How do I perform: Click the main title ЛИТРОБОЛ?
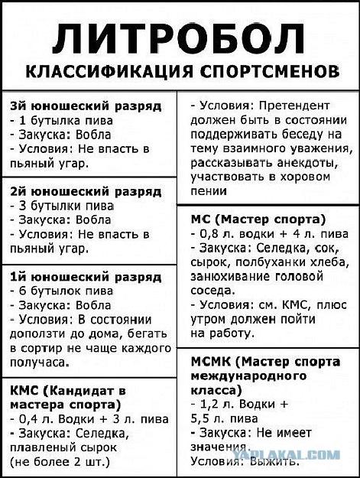[180, 38]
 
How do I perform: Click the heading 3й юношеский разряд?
[86, 106]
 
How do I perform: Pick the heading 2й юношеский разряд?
[86, 190]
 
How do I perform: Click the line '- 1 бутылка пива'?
[61, 120]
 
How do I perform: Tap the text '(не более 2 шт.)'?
[60, 463]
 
